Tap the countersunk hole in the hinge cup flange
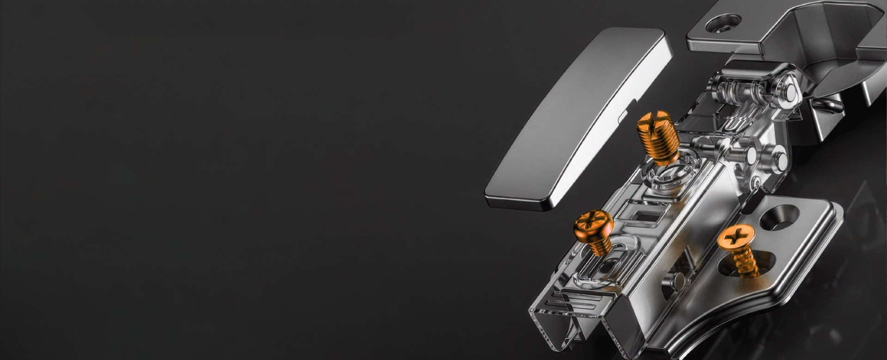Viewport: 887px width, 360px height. coord(723,23)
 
